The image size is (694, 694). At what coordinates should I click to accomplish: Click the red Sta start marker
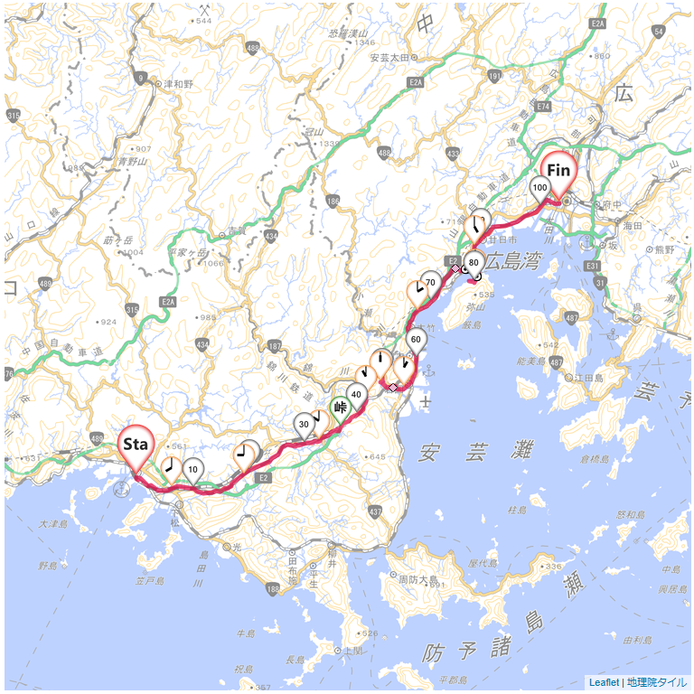pyautogui.click(x=136, y=445)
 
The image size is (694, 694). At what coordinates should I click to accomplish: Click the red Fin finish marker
pyautogui.click(x=558, y=171)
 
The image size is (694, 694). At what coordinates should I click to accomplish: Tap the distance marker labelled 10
pyautogui.click(x=193, y=469)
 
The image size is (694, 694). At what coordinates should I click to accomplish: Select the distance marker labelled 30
pyautogui.click(x=305, y=424)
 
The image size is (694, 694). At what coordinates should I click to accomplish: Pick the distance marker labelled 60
pyautogui.click(x=417, y=341)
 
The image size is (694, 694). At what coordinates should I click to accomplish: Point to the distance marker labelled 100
pyautogui.click(x=540, y=188)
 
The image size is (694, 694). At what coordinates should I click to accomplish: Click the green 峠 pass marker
pyautogui.click(x=341, y=408)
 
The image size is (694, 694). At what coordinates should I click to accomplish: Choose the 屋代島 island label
pyautogui.click(x=485, y=562)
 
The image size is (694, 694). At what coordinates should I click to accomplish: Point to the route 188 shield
pyautogui.click(x=274, y=589)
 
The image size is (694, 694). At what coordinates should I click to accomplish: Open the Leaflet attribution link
pyautogui.click(x=604, y=682)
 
